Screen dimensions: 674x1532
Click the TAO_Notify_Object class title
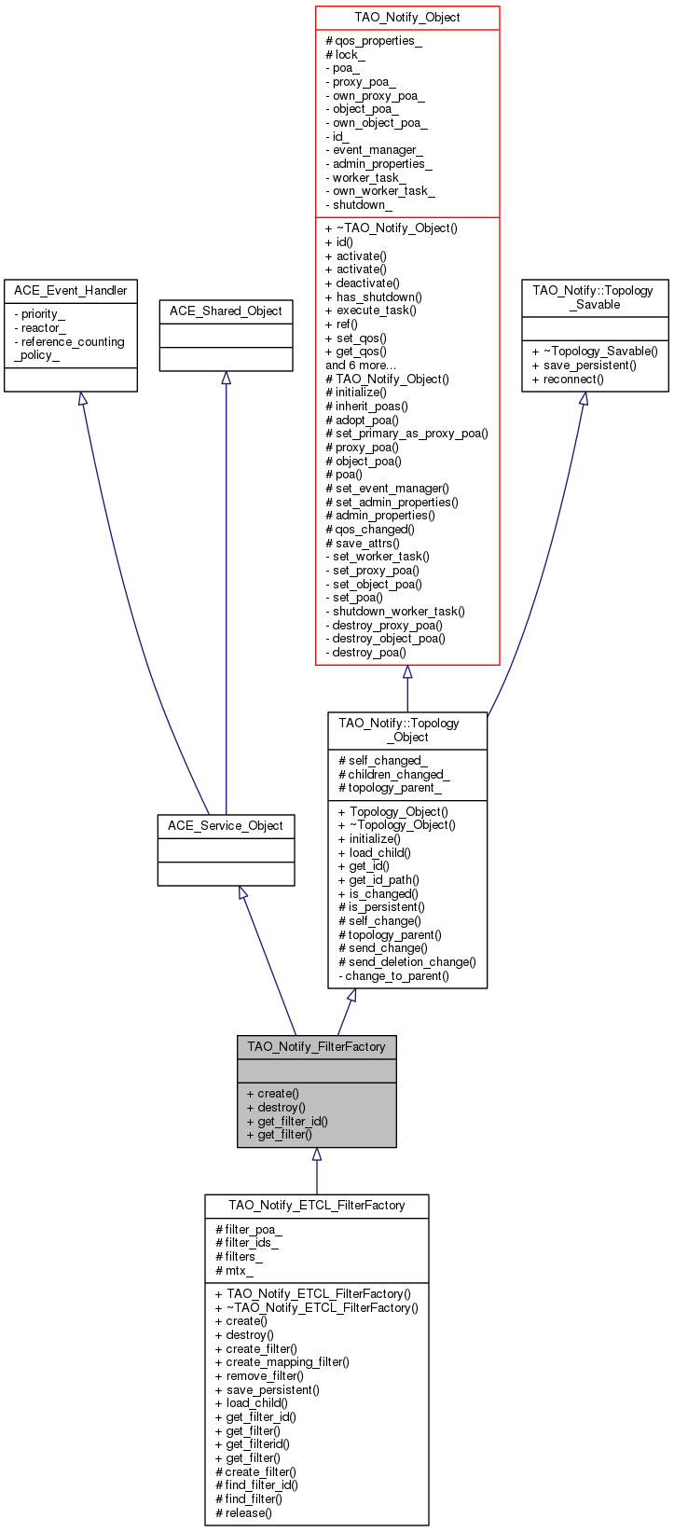click(x=406, y=17)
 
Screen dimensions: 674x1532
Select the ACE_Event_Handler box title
click(x=71, y=291)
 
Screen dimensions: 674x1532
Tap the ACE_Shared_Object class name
click(x=226, y=311)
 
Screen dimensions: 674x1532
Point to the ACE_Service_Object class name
click(x=226, y=825)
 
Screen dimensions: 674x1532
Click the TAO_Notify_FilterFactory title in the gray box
click(x=317, y=1046)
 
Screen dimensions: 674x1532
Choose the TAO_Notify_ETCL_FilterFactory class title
click(x=317, y=1205)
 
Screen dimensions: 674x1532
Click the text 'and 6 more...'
click(x=360, y=366)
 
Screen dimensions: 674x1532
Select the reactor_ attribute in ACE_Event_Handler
click(x=40, y=327)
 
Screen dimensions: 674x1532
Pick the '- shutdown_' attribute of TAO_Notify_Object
click(x=359, y=204)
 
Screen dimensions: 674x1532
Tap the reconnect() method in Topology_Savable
click(x=568, y=379)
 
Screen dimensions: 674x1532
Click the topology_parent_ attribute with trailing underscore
click(x=390, y=787)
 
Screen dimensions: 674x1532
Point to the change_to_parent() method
click(x=393, y=976)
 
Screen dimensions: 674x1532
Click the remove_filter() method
click(x=259, y=1375)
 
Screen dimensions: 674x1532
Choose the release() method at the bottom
click(x=243, y=1512)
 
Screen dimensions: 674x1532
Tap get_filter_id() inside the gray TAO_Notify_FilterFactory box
click(x=287, y=1121)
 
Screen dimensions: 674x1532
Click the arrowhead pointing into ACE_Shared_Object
click(x=226, y=378)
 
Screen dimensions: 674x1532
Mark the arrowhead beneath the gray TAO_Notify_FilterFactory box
click(x=317, y=1153)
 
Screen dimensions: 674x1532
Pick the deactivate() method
click(x=363, y=283)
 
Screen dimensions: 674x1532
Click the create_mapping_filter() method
click(x=282, y=1361)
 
